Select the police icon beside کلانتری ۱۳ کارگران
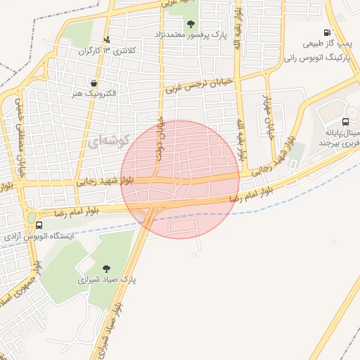(106, 39)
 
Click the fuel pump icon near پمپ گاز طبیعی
(327, 32)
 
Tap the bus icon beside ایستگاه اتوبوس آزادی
(38, 226)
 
